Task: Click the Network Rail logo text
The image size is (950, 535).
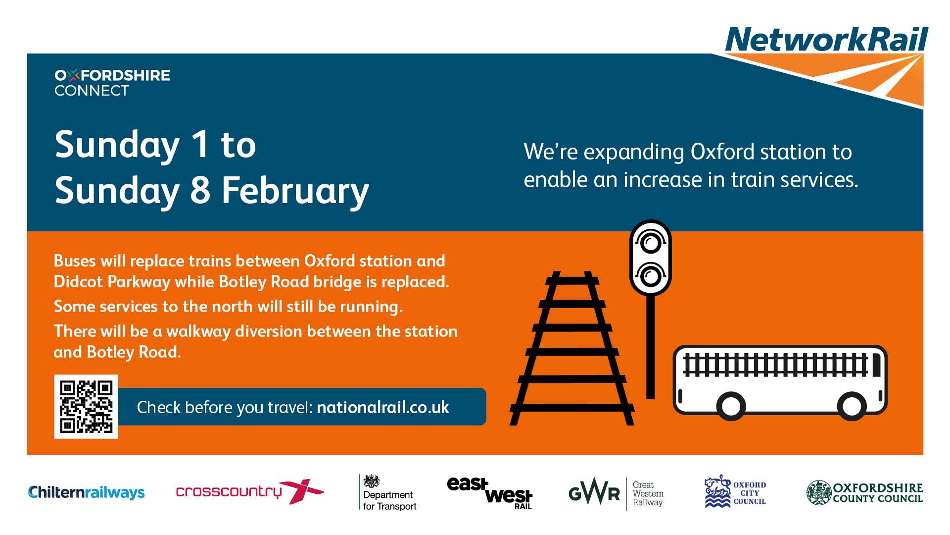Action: pos(827,40)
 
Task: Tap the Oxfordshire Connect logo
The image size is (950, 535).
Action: pos(112,83)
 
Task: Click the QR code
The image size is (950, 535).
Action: pos(86,407)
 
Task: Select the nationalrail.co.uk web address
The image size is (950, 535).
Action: pos(382,407)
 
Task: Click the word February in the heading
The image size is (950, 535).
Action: pos(295,191)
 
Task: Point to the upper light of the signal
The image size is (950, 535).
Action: pos(651,243)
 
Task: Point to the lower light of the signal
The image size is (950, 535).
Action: pos(651,275)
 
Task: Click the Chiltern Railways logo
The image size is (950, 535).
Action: pos(87,492)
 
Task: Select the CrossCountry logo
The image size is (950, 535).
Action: pos(250,491)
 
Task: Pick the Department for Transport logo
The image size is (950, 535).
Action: pos(388,492)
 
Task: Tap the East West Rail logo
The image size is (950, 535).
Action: pos(490,493)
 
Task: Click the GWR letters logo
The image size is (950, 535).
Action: pos(594,492)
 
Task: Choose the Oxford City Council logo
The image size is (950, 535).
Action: pos(735,491)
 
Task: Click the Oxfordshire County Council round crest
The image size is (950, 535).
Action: pos(819,492)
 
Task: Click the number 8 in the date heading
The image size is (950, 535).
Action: pos(200,190)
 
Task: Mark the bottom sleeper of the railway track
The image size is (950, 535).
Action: pos(572,408)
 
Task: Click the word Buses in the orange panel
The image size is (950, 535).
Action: pos(75,261)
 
